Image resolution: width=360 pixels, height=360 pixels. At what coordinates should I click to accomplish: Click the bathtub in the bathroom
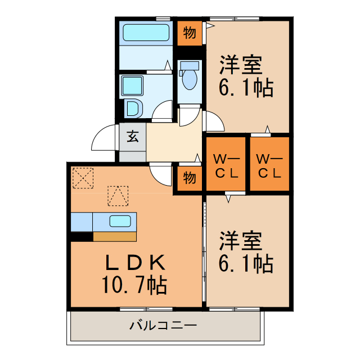point(146,33)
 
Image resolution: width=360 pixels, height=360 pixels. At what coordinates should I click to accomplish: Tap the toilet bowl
point(190,79)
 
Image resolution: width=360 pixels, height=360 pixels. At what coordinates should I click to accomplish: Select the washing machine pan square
point(133,85)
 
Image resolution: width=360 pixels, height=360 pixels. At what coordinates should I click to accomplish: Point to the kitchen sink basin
point(120,220)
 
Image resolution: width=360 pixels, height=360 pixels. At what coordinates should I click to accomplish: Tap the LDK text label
point(135,263)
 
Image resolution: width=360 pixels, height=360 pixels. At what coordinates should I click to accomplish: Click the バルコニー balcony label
point(163,325)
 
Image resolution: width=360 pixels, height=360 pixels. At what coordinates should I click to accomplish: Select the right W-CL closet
point(269,165)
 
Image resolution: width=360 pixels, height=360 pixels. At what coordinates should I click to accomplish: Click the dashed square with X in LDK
point(82,177)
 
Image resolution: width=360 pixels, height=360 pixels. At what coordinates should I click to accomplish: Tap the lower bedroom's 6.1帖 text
point(246,263)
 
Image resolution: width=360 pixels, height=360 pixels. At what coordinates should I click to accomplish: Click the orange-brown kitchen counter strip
point(114,236)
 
